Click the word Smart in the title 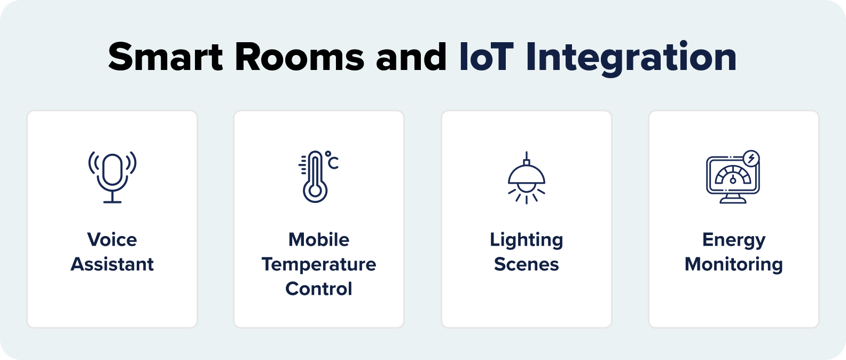click(x=166, y=57)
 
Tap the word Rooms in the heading click(x=300, y=57)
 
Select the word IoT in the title click(x=486, y=57)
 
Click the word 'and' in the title click(x=411, y=57)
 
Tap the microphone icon click(x=112, y=177)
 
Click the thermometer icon click(x=315, y=177)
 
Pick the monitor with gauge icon click(x=732, y=178)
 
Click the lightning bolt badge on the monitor click(x=751, y=159)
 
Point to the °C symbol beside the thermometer click(x=332, y=160)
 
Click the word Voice click(x=112, y=239)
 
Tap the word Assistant click(x=112, y=264)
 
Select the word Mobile click(x=319, y=239)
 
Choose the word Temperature click(x=319, y=264)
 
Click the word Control click(x=319, y=288)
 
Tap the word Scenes click(x=527, y=264)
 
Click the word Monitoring click(x=734, y=264)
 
